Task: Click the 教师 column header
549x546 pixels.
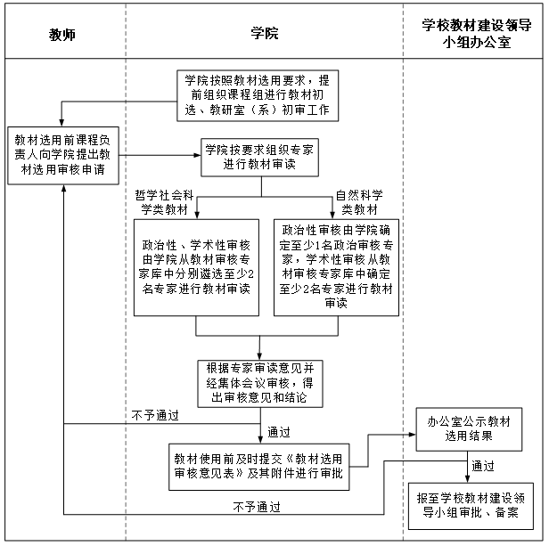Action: pos(62,35)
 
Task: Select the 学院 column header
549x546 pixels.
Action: pos(265,33)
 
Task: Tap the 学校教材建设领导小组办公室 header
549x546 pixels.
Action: pos(477,34)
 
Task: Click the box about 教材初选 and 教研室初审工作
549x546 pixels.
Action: pos(258,95)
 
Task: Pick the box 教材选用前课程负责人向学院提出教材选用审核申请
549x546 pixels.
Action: pos(63,155)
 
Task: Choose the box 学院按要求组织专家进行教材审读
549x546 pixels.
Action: pos(260,157)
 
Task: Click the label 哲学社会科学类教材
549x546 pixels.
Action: pos(164,202)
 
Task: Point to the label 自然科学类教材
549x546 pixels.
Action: pos(359,202)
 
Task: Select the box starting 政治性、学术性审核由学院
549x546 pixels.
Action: pos(196,268)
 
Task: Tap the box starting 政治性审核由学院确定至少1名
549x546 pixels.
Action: pos(336,268)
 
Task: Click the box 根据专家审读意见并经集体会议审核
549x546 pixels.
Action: pos(260,384)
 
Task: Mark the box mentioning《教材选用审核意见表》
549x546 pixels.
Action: pos(259,467)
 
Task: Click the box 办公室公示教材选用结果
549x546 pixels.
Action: pos(469,429)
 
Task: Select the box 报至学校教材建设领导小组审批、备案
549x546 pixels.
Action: pos(471,506)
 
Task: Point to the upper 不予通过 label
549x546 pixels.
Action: pos(155,415)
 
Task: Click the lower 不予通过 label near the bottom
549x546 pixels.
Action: pos(257,507)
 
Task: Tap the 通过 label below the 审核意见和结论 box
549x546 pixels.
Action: pos(279,432)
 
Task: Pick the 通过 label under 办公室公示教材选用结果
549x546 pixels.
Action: pos(483,466)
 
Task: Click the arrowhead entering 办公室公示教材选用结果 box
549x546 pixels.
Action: pos(413,435)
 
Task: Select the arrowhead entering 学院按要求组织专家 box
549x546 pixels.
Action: pos(198,155)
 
